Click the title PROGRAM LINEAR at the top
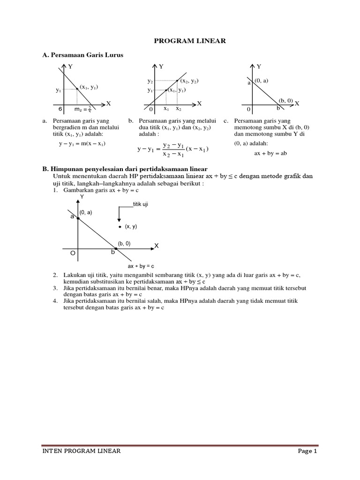coord(190,41)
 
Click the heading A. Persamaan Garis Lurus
coord(82,55)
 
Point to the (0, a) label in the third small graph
coord(261,81)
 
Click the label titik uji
coord(141,205)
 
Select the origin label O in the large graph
coord(73,253)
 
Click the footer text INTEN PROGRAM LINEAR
coord(82,451)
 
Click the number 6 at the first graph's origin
coord(60,109)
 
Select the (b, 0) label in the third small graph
coord(285,100)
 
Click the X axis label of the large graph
coord(157,246)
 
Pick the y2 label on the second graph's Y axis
coord(150,82)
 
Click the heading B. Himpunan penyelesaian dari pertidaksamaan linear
coord(125,168)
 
